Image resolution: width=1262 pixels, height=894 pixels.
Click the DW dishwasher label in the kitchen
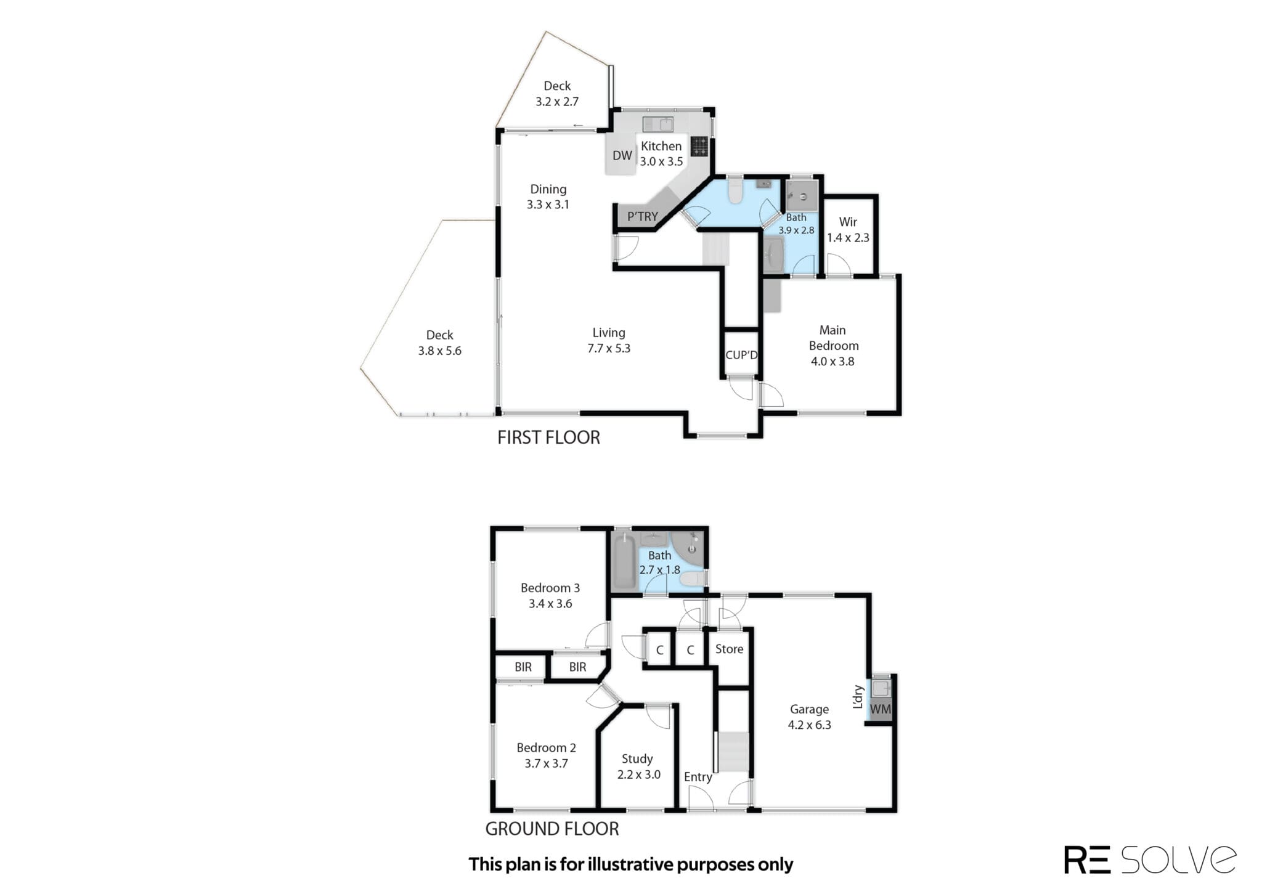622,155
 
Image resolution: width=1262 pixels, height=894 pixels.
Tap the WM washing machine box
880,709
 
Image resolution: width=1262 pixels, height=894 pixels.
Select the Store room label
729,649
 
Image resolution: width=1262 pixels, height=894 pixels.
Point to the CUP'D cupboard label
741,355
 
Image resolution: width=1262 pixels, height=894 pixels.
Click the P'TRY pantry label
643,216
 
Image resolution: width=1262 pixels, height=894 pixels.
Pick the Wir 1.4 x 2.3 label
848,229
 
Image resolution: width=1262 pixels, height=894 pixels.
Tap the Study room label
637,758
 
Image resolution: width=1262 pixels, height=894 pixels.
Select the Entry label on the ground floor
698,777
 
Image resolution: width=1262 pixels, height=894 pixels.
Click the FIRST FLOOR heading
548,437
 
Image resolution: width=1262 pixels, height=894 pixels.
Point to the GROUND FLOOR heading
552,829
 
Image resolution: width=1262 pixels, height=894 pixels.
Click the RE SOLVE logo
1150,859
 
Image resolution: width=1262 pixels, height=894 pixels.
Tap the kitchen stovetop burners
699,146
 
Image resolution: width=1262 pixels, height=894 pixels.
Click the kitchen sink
658,124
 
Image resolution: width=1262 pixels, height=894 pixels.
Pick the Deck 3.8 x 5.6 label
439,343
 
